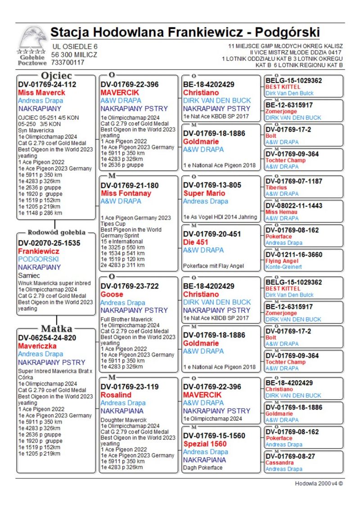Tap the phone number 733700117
pyautogui.click(x=67, y=63)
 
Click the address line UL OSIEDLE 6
pyautogui.click(x=75, y=46)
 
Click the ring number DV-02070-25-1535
pyautogui.click(x=49, y=243)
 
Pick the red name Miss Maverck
pyautogui.click(x=41, y=93)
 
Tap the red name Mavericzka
pyautogui.click(x=37, y=346)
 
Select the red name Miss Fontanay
pyautogui.click(x=126, y=193)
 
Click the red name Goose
pyautogui.click(x=112, y=294)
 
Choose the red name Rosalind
pyautogui.click(x=116, y=395)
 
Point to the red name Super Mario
pyautogui.click(x=204, y=193)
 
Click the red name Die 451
pyautogui.click(x=196, y=242)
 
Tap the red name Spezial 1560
pyautogui.click(x=205, y=444)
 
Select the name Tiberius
pyautogui.click(x=276, y=188)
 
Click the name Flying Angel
pyautogui.click(x=282, y=261)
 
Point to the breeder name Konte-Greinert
pyautogui.click(x=284, y=267)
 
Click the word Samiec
pyautogui.click(x=29, y=275)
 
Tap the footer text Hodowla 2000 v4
pyautogui.click(x=319, y=483)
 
